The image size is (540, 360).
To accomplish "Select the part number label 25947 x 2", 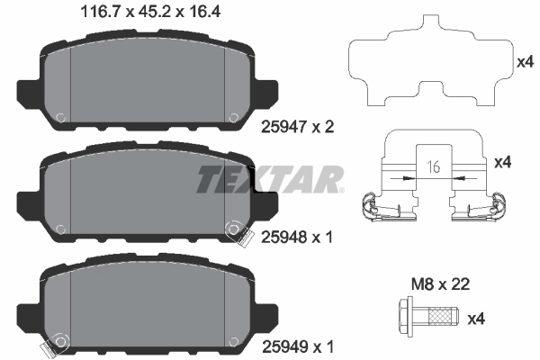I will point(296,128).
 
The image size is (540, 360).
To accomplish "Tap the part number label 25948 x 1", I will point(296,238).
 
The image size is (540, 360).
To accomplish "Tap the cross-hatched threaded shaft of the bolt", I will point(443,316).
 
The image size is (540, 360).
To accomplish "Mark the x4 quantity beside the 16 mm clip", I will point(504,162).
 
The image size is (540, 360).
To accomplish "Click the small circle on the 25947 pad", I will point(59,116).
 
